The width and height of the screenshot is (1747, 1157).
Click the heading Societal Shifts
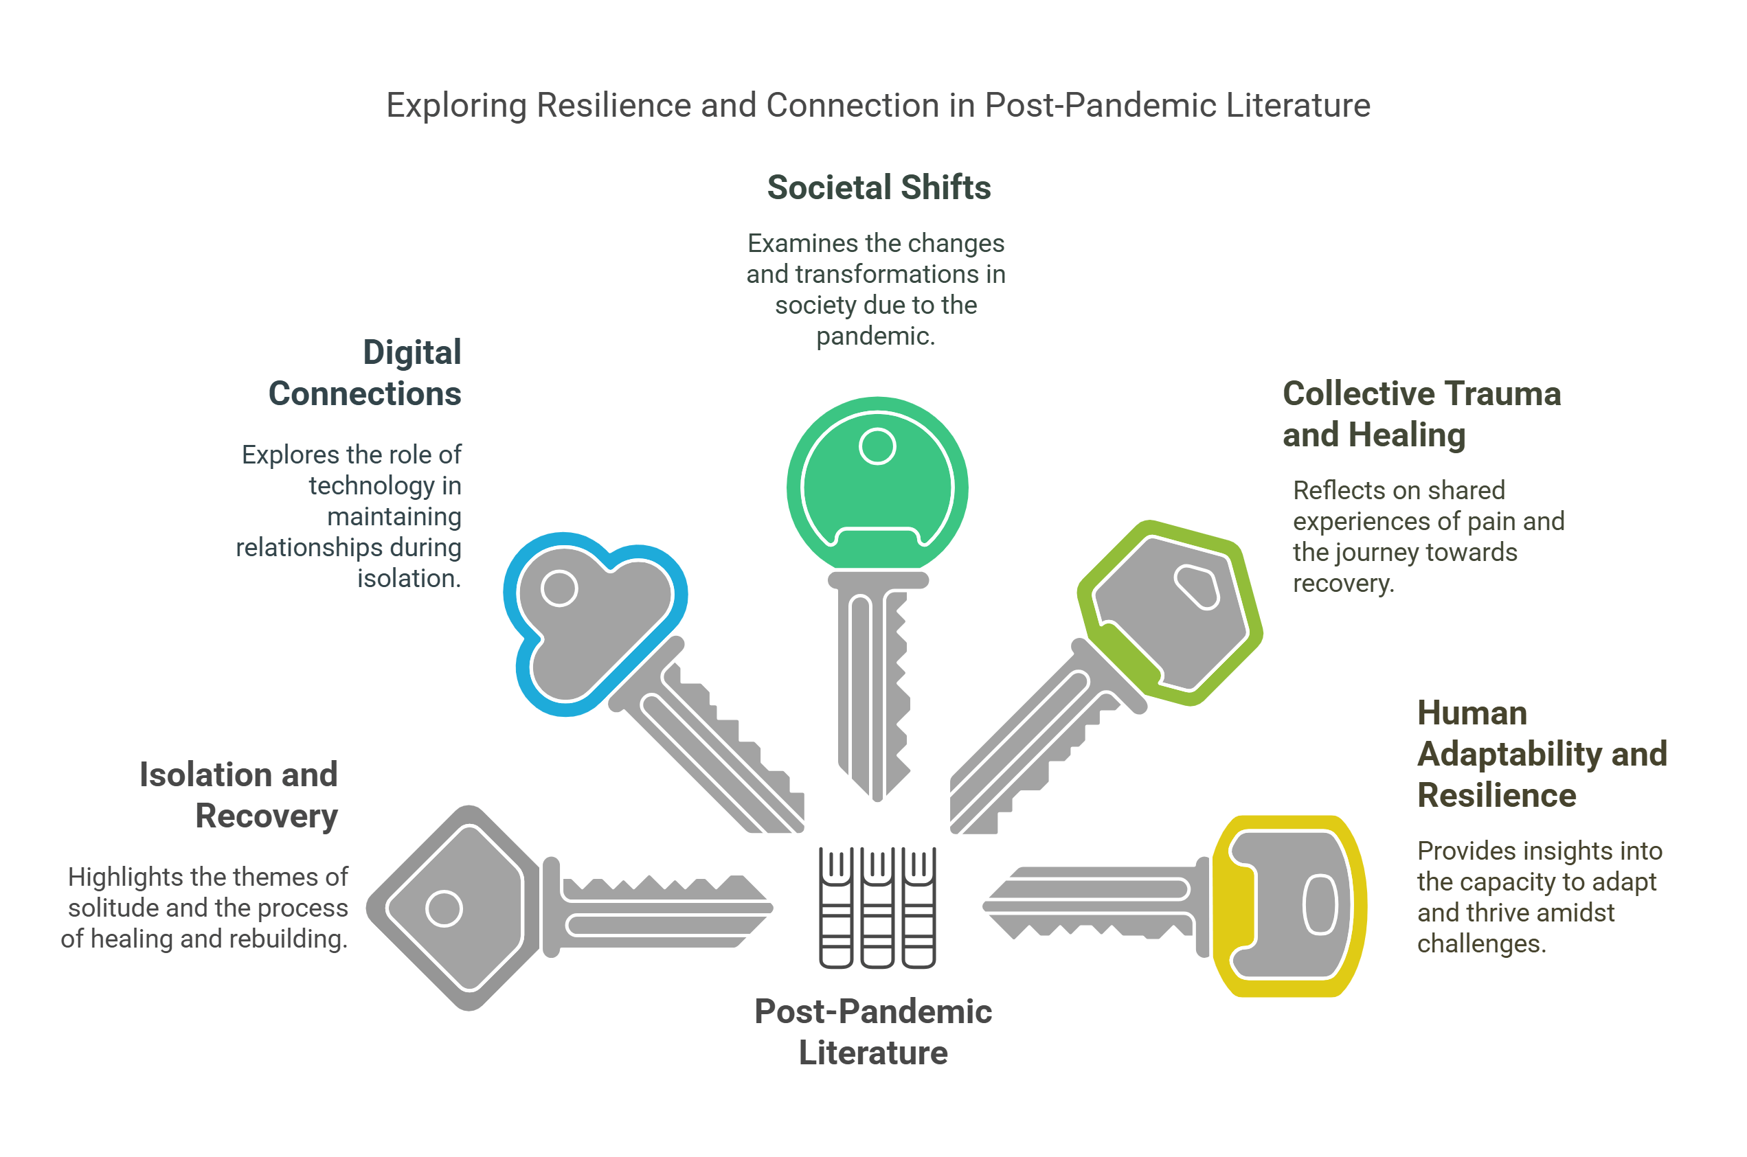(878, 187)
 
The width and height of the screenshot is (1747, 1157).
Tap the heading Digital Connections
(365, 374)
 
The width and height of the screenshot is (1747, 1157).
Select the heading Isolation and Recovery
(238, 795)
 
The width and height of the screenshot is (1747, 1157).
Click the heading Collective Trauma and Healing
(1421, 414)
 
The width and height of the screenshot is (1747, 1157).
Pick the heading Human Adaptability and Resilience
(1541, 754)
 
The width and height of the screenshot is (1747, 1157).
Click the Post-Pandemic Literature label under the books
(873, 1031)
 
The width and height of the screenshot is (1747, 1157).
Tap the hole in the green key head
(877, 446)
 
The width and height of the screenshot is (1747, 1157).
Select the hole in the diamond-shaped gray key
(444, 908)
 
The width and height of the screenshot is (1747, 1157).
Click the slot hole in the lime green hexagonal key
(1195, 586)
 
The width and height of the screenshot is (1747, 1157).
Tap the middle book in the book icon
(877, 908)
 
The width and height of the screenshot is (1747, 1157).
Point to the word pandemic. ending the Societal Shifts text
(875, 336)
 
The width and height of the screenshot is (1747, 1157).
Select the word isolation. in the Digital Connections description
(409, 578)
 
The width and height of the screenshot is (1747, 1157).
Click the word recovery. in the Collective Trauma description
(1342, 583)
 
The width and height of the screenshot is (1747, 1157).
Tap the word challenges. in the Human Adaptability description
(1480, 943)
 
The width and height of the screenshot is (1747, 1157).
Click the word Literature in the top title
(1298, 106)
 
